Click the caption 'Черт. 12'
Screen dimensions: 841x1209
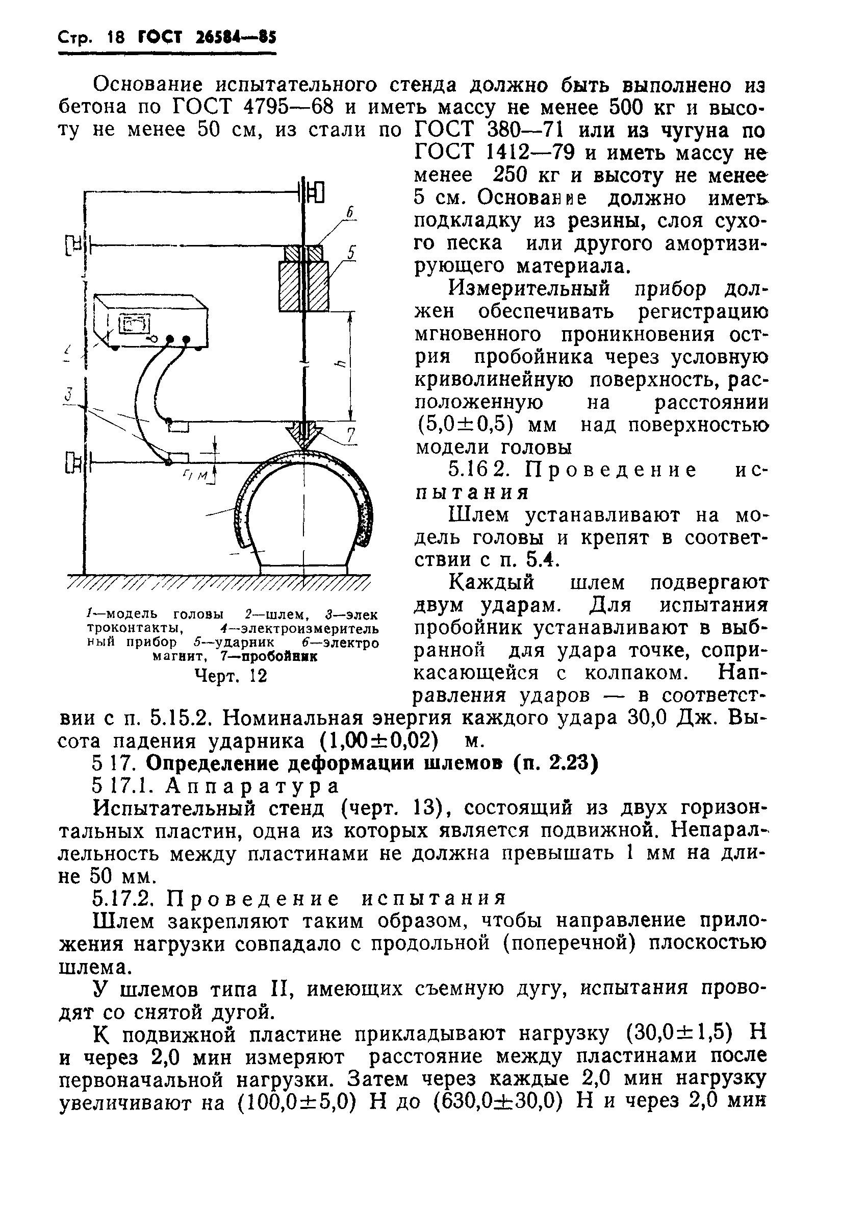(x=231, y=675)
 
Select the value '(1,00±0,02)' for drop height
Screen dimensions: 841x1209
(x=379, y=741)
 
